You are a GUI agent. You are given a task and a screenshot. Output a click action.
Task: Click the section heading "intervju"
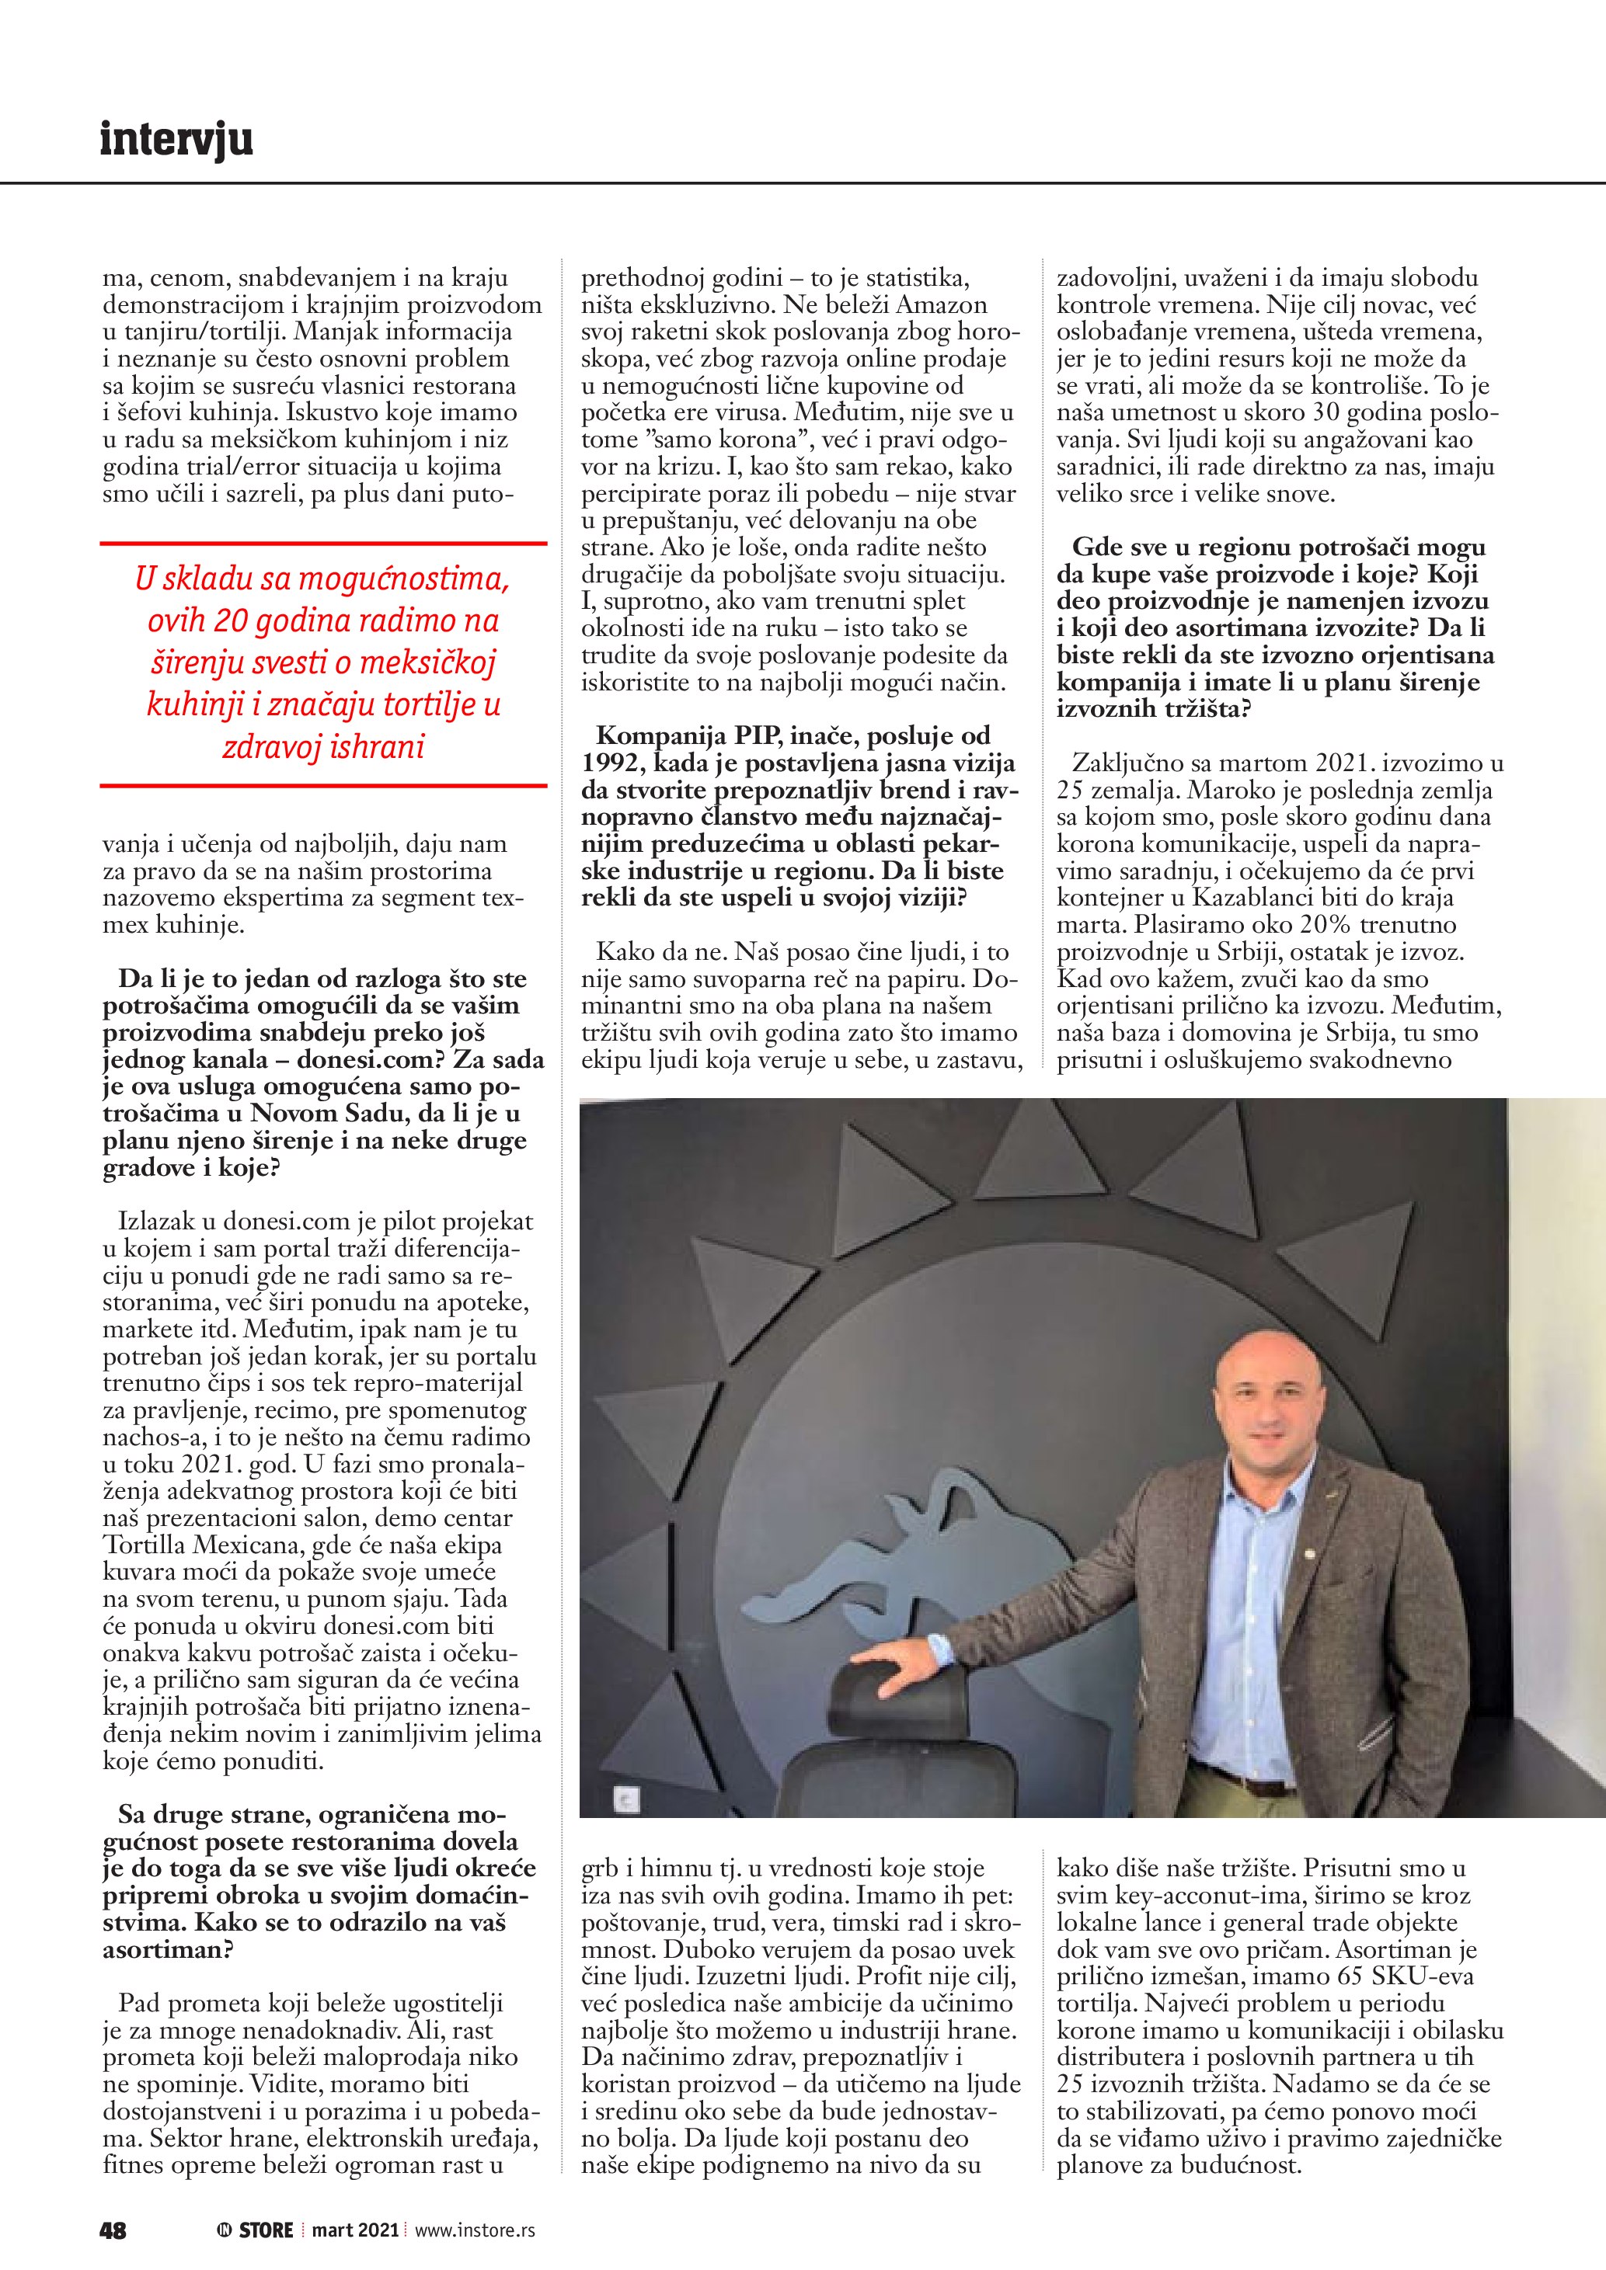click(x=176, y=140)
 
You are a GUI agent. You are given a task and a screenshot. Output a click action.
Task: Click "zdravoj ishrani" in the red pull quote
click(x=323, y=746)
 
